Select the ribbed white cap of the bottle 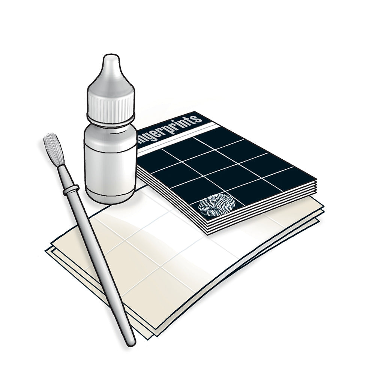pos(111,101)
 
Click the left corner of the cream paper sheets pos(48,250)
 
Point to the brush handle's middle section pos(99,262)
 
